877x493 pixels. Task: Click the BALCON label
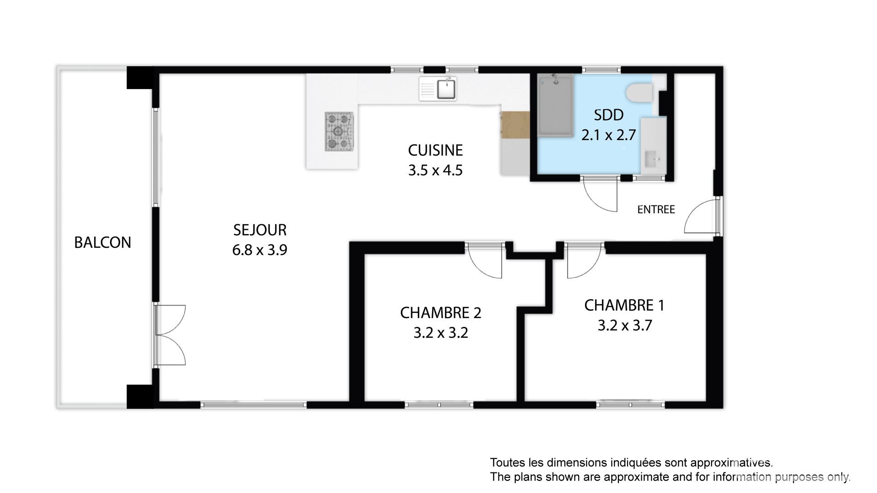[x=103, y=242]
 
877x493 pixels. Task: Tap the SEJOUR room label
[x=260, y=230]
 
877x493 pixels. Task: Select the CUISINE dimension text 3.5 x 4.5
[x=435, y=170]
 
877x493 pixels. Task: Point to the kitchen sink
[x=438, y=89]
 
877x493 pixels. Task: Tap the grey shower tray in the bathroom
[x=555, y=106]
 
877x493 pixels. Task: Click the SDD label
[x=608, y=115]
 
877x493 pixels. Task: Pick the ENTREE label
[x=656, y=210]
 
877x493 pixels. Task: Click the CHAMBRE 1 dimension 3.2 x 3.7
[x=624, y=325]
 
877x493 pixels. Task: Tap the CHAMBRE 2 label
[x=441, y=313]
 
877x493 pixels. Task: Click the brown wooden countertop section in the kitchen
[x=515, y=125]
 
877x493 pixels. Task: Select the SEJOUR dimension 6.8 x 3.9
[x=259, y=250]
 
